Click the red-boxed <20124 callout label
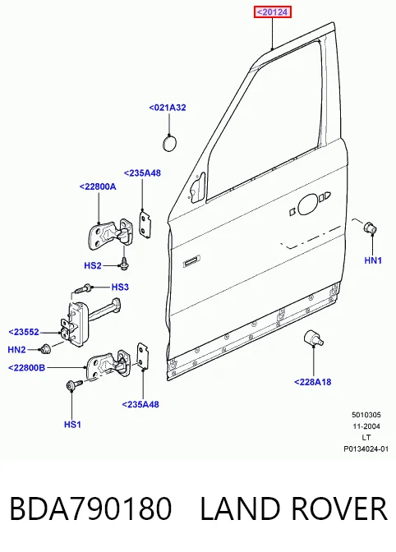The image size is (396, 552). click(273, 12)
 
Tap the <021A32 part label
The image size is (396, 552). click(168, 108)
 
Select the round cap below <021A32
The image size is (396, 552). click(169, 143)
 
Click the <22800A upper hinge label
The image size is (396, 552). click(98, 186)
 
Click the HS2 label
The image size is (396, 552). click(93, 265)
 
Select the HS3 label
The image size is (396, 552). click(120, 287)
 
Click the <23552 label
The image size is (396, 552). click(24, 332)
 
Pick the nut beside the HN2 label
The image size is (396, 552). click(45, 348)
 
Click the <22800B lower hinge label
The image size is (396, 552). click(27, 368)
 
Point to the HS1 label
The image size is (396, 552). click(72, 425)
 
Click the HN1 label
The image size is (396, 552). click(373, 260)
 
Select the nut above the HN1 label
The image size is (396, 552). click(371, 228)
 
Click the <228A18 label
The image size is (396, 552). click(312, 382)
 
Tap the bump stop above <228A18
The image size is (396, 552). click(312, 338)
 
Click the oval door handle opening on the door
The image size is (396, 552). click(307, 205)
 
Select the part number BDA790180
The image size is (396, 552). click(90, 508)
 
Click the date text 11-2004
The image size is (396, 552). click(366, 426)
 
